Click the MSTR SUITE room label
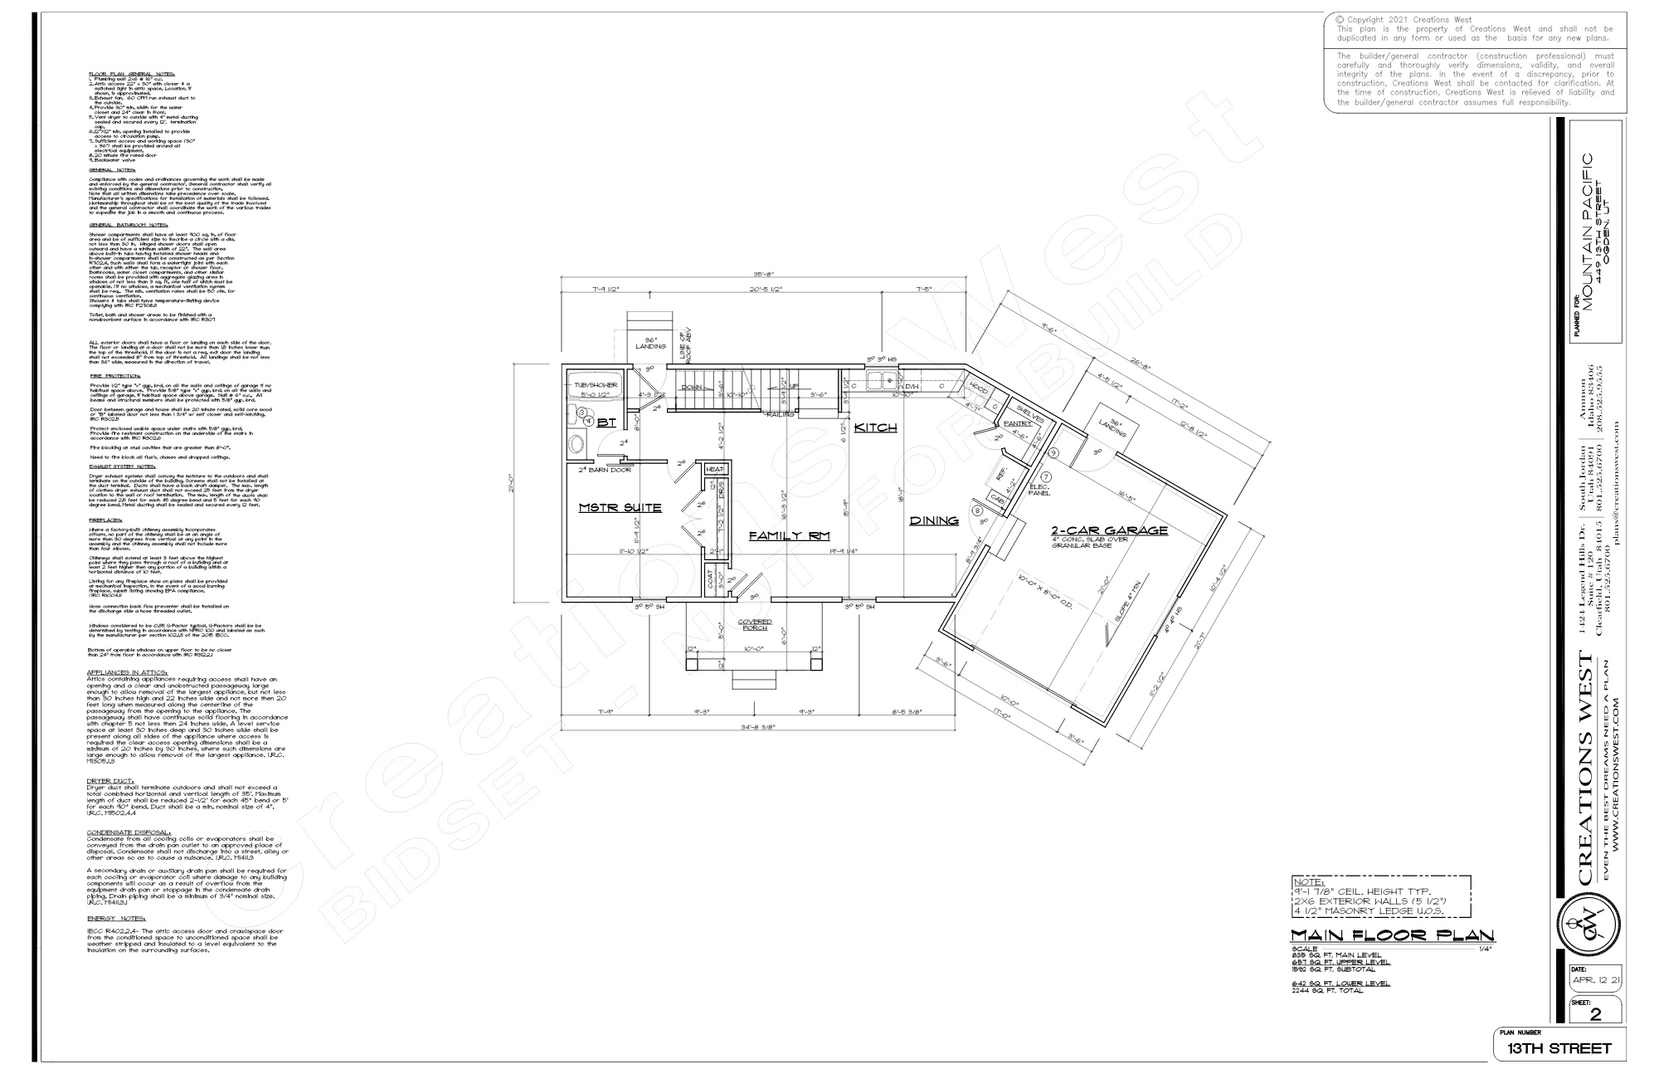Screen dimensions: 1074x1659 click(x=620, y=507)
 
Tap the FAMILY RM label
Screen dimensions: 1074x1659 click(x=789, y=536)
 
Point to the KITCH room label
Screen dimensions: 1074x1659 click(x=876, y=427)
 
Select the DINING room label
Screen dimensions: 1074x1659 click(x=934, y=520)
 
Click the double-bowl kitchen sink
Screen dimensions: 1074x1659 click(x=878, y=382)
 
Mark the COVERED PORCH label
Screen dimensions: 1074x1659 click(x=755, y=625)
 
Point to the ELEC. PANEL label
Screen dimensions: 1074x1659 click(x=1039, y=490)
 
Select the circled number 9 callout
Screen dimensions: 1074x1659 click(x=1053, y=453)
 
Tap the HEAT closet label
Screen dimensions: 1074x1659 click(x=714, y=470)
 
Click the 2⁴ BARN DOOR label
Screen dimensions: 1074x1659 click(x=605, y=470)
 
